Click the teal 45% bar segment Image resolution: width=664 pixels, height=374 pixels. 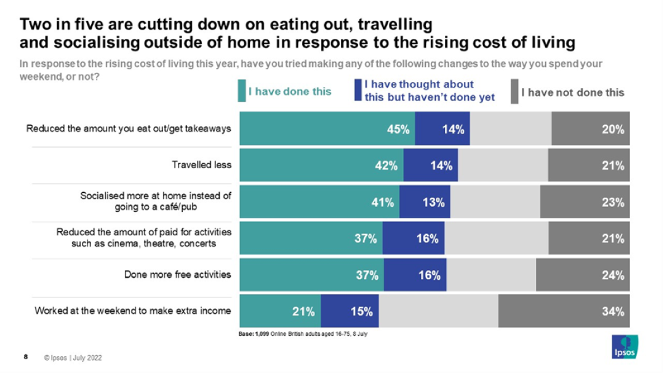tap(327, 129)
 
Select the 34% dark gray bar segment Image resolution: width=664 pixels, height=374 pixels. tap(564, 311)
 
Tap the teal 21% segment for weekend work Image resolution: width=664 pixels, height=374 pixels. tap(280, 311)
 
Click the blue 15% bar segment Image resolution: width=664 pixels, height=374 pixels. tap(350, 311)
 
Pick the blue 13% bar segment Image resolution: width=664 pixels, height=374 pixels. tap(425, 202)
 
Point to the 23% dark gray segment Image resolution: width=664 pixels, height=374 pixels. tap(585, 202)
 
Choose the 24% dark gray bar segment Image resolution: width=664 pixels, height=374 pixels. tap(583, 275)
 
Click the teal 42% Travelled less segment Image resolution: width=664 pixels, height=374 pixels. tap(321, 165)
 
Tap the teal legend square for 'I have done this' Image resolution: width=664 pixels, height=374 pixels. tap(241, 92)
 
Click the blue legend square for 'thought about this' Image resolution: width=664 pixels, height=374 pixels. tap(358, 92)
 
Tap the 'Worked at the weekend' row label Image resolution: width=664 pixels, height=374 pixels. tap(132, 311)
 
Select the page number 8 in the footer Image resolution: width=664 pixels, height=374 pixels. tap(25, 357)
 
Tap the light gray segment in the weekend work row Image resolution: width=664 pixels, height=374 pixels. tap(439, 311)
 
